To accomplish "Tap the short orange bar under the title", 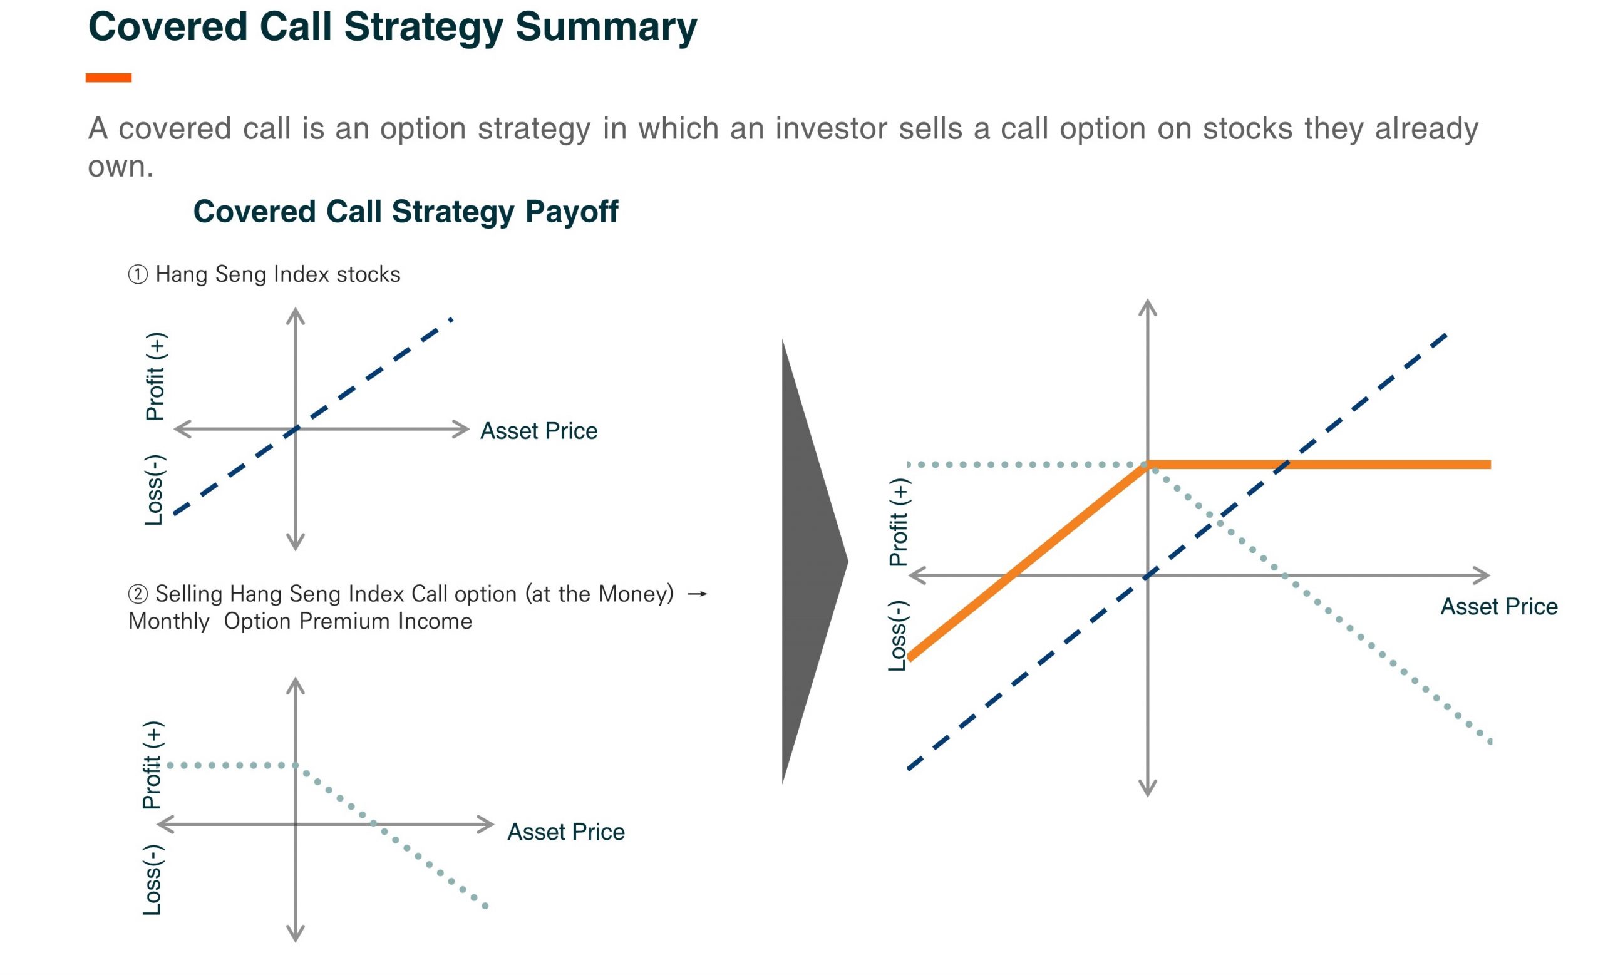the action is coord(109,78).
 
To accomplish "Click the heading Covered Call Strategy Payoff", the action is coord(405,212).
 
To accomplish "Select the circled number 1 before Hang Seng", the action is coord(137,274).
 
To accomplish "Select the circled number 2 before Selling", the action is coord(137,594).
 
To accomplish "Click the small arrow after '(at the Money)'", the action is coord(698,594).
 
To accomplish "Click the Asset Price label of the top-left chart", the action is coord(539,431).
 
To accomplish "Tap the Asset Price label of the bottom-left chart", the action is coord(566,832).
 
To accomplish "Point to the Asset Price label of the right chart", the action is coord(1499,607).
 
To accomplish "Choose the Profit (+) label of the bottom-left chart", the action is coord(153,765).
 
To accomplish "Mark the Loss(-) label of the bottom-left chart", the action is coord(153,880).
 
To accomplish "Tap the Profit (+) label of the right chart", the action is coord(900,522).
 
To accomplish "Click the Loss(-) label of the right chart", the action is coord(899,636).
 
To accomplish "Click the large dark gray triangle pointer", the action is coord(810,561).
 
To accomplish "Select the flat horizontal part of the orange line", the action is coord(1319,465).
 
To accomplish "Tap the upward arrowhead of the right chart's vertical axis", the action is coord(1148,307).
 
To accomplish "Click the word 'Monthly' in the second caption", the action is coord(169,622).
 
